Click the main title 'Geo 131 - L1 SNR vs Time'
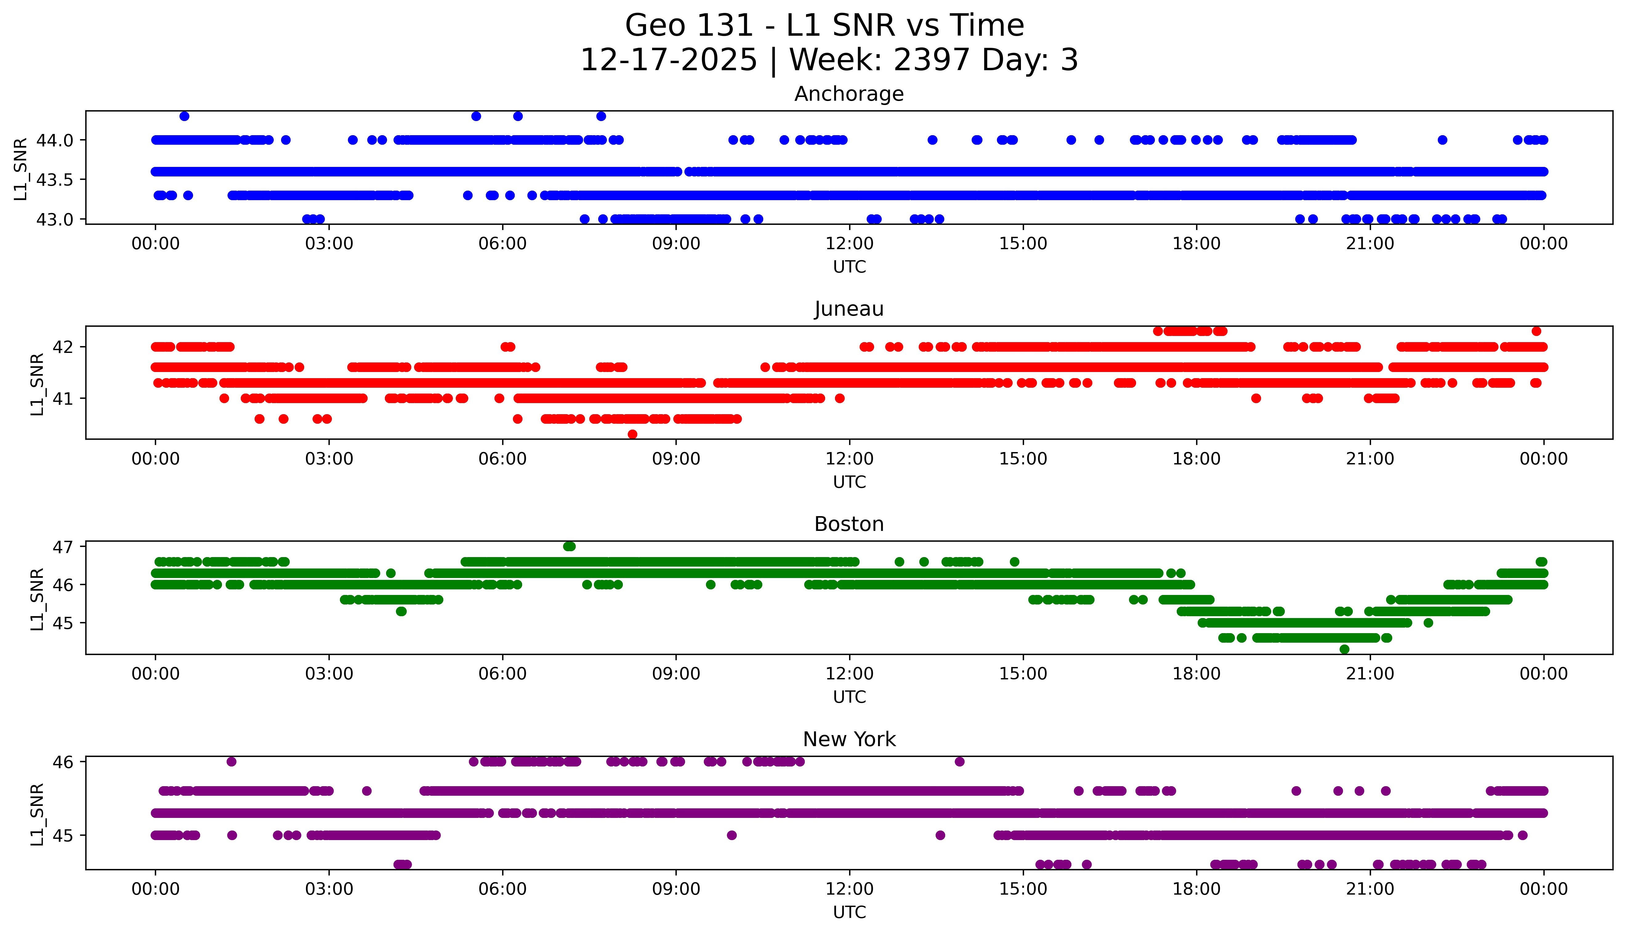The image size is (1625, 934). [825, 26]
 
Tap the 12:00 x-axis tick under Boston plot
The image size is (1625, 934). [849, 673]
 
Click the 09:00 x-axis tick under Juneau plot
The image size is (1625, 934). [676, 459]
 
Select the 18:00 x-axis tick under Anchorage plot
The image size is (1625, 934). [1196, 244]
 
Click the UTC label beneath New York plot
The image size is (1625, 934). [849, 912]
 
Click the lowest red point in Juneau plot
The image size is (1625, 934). [632, 434]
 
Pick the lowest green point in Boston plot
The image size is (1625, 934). [1344, 649]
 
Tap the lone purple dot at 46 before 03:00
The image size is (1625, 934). [232, 762]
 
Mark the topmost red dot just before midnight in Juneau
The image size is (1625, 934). [1536, 331]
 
